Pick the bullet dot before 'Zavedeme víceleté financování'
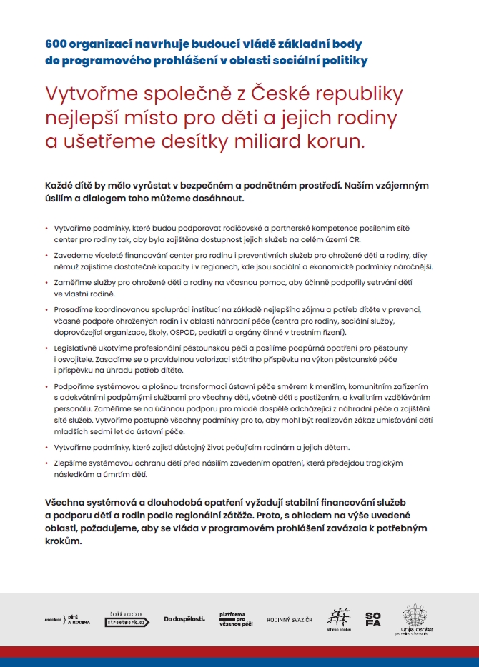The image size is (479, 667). coord(46,255)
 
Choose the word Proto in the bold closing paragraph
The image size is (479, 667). coord(289,515)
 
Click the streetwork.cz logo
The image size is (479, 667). coord(127,618)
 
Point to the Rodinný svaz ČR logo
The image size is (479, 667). coord(290,619)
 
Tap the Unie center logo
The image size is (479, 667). coord(418,618)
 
